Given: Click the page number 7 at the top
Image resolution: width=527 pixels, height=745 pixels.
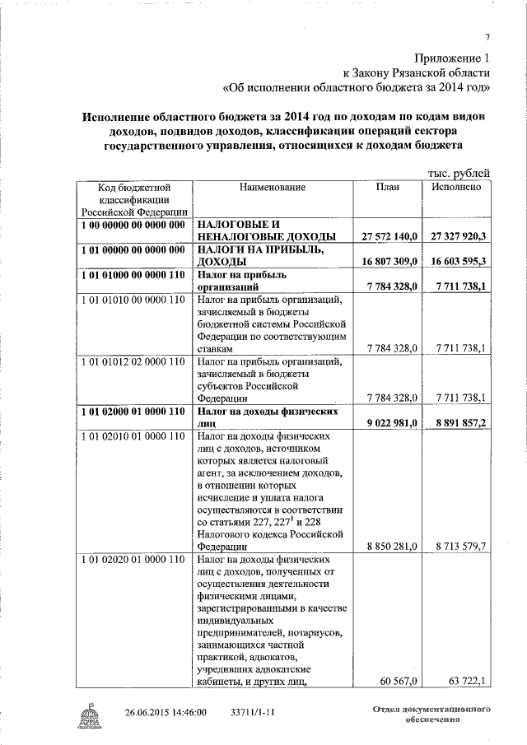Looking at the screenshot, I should (487, 37).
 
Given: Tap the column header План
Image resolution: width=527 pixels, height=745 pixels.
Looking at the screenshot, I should (387, 188).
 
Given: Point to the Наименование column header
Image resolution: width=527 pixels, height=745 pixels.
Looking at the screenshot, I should (273, 188).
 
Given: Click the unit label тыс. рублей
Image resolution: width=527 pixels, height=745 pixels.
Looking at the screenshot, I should (459, 173).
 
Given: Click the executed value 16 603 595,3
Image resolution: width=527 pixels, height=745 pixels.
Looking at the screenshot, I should (459, 261).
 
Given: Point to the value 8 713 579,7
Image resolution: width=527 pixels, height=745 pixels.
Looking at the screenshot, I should (460, 546).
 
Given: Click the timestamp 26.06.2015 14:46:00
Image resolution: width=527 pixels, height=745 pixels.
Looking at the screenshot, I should (166, 712).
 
